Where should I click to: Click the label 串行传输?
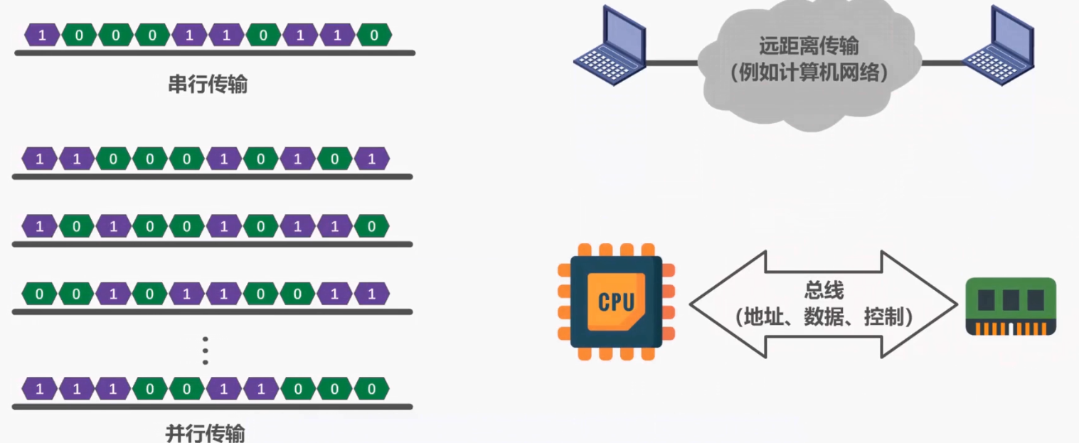point(208,85)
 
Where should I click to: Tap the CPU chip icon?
point(616,301)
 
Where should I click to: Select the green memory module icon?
point(1010,306)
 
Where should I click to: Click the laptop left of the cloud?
point(610,47)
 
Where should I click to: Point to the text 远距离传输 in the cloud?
point(809,47)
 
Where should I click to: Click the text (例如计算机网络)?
point(809,73)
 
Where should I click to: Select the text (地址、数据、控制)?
point(824,316)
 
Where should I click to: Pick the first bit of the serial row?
point(42,35)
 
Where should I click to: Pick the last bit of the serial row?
point(374,35)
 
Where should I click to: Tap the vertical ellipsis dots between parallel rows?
point(206,350)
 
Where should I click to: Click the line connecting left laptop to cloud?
point(673,63)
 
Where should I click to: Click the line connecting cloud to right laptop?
point(943,63)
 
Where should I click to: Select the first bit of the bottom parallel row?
point(40,389)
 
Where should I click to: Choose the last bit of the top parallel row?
point(371,159)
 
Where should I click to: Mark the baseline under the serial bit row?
point(214,53)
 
